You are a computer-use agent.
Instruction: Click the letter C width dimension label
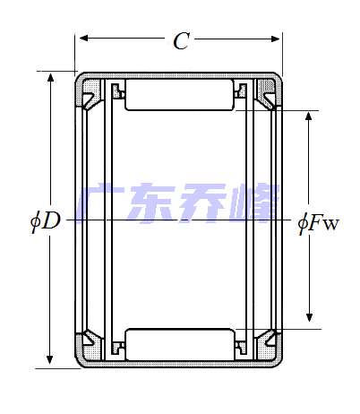[x=181, y=40]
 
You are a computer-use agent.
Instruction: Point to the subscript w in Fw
[x=331, y=223]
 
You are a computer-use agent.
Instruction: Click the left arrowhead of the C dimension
[x=81, y=39]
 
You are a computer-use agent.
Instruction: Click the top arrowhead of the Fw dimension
[x=310, y=117]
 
